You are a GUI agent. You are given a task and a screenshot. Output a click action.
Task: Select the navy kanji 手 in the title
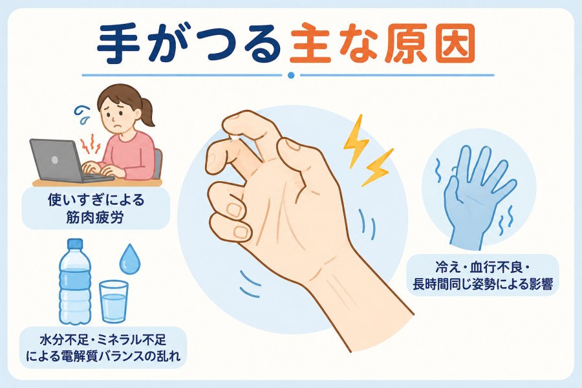click(x=119, y=44)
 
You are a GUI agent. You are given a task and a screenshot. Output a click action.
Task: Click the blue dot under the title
click(x=291, y=75)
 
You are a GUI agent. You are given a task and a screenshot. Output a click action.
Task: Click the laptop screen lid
click(x=56, y=160)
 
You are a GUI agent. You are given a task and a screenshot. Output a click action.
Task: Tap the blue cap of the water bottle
click(x=75, y=244)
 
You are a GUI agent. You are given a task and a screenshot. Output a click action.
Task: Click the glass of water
click(x=114, y=301)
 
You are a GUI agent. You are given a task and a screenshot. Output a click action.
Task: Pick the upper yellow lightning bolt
click(x=356, y=141)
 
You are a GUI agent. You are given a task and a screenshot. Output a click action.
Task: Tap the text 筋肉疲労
click(x=95, y=217)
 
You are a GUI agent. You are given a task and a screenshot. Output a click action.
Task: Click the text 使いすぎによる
click(x=96, y=200)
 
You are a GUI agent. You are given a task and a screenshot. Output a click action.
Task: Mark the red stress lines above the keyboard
click(x=91, y=144)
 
